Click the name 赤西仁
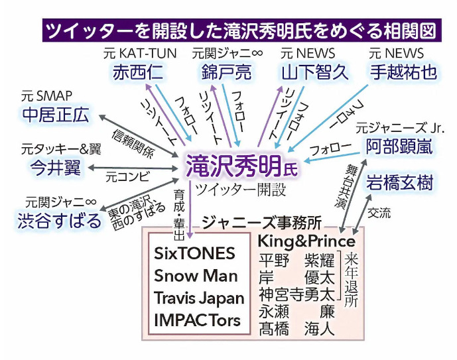[137, 72]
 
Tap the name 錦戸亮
[226, 72]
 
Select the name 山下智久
[315, 72]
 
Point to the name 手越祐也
[404, 72]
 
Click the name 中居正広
[56, 115]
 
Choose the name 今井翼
[55, 168]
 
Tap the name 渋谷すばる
[59, 221]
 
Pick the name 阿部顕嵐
[399, 147]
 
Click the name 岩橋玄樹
[399, 182]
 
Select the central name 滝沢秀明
[233, 166]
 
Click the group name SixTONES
[194, 253]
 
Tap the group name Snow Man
[196, 276]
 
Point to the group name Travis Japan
[199, 298]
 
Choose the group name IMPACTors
[197, 320]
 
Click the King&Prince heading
[306, 241]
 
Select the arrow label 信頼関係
[133, 143]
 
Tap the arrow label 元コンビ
[127, 176]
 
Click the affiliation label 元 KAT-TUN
[140, 54]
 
